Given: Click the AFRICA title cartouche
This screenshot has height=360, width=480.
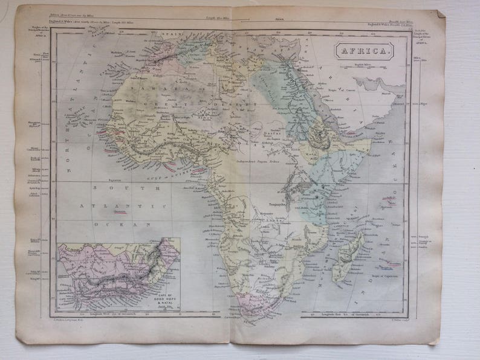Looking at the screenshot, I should tap(365, 50).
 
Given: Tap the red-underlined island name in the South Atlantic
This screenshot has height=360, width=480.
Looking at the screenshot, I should tap(120, 211).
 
